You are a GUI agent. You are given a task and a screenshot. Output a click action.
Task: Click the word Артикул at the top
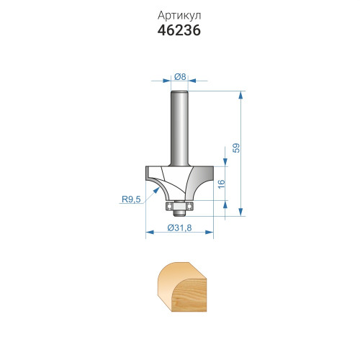179,16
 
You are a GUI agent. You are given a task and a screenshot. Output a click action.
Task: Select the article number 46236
179,30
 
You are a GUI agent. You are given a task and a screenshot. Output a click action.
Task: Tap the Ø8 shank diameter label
180,76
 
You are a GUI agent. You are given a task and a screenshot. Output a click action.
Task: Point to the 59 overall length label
236,148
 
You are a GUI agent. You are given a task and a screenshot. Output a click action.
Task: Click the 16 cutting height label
222,184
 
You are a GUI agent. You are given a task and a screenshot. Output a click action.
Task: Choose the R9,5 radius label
131,199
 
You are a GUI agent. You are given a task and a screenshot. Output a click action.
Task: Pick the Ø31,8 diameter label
179,228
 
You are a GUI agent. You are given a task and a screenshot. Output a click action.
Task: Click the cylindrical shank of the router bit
179,128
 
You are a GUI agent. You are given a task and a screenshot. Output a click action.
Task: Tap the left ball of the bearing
169,206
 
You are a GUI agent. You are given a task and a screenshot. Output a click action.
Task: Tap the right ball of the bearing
189,206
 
